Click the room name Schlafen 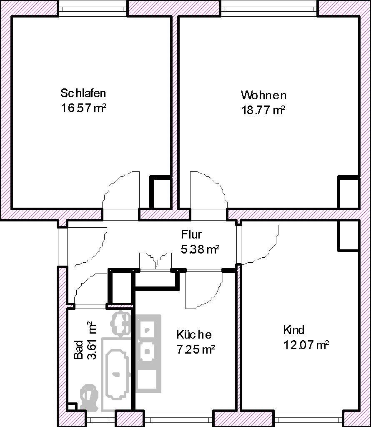[83, 93]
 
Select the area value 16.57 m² [83, 108]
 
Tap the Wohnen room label [263, 95]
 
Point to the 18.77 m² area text [263, 111]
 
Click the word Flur [191, 234]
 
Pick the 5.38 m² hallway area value [200, 249]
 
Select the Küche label [194, 334]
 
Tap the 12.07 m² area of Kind [306, 345]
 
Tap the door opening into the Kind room [258, 244]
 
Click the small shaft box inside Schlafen [160, 192]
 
